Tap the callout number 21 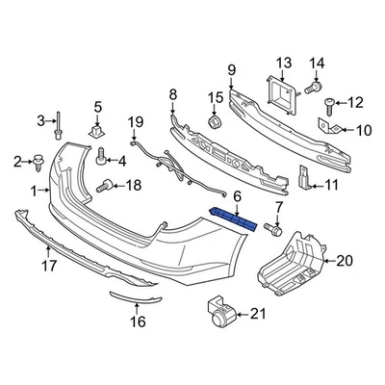pyautogui.click(x=255, y=313)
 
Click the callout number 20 pyautogui.click(x=345, y=260)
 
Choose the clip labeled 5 pyautogui.click(x=97, y=127)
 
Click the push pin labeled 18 pyautogui.click(x=101, y=185)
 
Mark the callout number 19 pyautogui.click(x=136, y=121)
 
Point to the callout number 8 pyautogui.click(x=173, y=94)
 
